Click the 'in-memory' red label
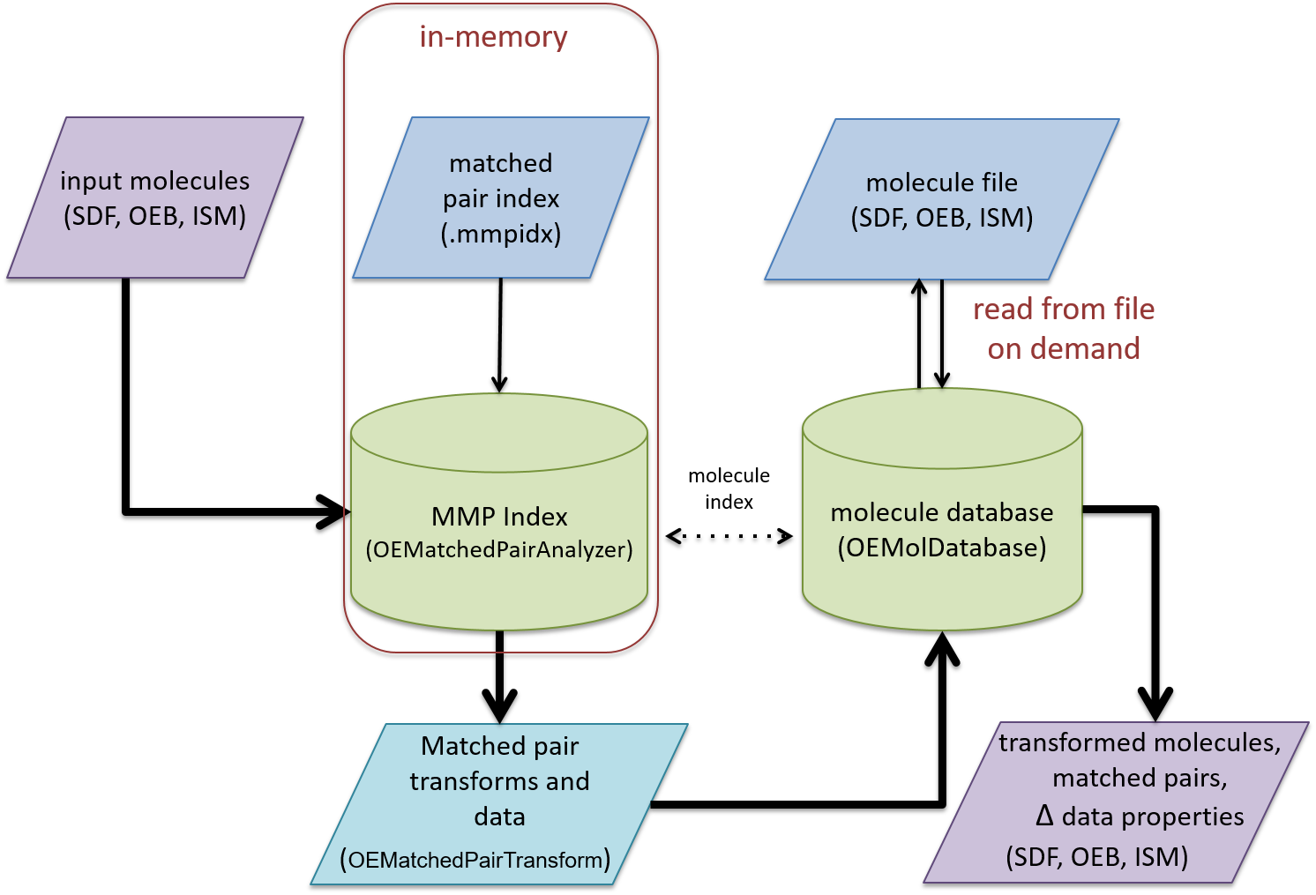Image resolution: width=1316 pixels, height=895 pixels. (493, 37)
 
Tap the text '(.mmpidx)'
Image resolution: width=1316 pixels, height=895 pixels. (500, 234)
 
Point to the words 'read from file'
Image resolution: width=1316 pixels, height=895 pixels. (1064, 309)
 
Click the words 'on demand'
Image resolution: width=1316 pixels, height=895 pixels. (1064, 348)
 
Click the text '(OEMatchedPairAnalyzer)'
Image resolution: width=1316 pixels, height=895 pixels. (499, 549)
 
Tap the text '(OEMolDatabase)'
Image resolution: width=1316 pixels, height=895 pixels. (942, 548)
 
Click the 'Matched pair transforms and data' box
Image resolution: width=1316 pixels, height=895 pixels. (499, 781)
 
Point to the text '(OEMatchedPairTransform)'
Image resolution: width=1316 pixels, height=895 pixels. (475, 860)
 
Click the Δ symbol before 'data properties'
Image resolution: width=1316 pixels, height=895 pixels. (1044, 816)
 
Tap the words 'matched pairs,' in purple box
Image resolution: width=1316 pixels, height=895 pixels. (1140, 778)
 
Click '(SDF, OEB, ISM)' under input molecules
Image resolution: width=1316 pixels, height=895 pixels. (154, 216)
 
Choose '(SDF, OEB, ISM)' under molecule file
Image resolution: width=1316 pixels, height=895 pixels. (941, 218)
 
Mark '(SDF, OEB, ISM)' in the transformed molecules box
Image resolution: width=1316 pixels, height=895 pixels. (1096, 856)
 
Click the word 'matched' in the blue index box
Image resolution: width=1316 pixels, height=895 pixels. (500, 163)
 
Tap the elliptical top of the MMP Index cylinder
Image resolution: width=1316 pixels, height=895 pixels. (499, 433)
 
